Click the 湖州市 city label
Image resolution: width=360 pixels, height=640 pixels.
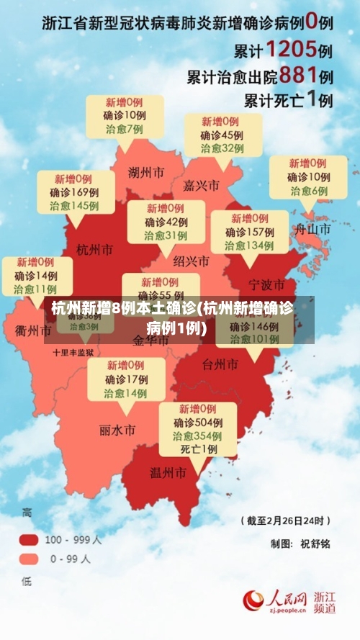tap(145, 173)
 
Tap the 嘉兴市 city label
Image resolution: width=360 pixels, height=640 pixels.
tap(202, 186)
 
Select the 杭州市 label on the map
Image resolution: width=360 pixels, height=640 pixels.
tap(95, 250)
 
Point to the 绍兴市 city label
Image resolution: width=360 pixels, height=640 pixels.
tap(192, 261)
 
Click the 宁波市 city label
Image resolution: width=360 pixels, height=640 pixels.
tap(266, 284)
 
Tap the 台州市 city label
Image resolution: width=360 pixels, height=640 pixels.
tap(220, 364)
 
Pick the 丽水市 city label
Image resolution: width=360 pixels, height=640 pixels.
tap(117, 431)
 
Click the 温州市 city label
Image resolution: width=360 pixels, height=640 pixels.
tap(168, 472)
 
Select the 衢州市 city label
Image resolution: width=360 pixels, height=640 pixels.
tap(33, 331)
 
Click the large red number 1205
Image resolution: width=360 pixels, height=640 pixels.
tap(291, 50)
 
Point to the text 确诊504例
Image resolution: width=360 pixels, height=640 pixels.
tap(197, 423)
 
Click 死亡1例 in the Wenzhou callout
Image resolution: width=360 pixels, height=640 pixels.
tap(198, 449)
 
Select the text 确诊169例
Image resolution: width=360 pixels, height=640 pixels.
tap(74, 192)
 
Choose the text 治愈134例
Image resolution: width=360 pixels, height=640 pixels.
tap(249, 245)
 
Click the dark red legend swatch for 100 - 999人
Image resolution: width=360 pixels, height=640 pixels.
tap(30, 538)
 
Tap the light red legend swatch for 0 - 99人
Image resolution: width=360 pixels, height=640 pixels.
tap(30, 558)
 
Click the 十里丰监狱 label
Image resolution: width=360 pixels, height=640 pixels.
tap(73, 353)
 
